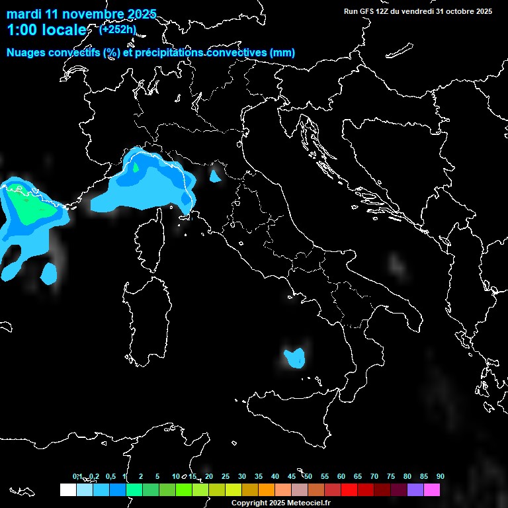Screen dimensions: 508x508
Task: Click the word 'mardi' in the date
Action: pos(23,14)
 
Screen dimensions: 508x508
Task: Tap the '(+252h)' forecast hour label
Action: pos(118,30)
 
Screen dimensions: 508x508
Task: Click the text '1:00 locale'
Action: pos(46,30)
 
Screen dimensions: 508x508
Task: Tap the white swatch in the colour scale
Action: pos(67,490)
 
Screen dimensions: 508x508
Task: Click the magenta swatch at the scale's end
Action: pos(432,490)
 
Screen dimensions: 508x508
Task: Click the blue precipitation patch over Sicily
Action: pos(295,357)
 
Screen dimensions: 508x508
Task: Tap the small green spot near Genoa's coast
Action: pos(136,168)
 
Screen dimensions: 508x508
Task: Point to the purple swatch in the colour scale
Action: pos(415,490)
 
